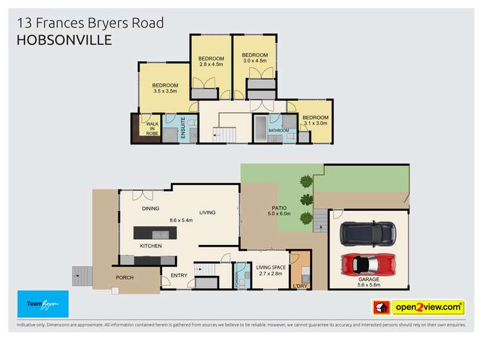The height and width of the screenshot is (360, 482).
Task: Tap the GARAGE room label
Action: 369,280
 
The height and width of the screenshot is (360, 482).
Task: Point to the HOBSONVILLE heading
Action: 64,40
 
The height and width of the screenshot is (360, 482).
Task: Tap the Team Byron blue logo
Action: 42,303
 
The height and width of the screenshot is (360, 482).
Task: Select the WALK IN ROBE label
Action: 153,129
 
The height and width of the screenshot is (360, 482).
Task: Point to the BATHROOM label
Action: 279,130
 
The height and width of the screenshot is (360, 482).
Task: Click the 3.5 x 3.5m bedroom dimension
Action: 165,91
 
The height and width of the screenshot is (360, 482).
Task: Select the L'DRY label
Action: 300,285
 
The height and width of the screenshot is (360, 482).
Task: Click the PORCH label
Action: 124,278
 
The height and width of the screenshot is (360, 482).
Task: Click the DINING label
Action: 151,209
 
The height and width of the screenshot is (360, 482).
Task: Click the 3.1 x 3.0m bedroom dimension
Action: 315,125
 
